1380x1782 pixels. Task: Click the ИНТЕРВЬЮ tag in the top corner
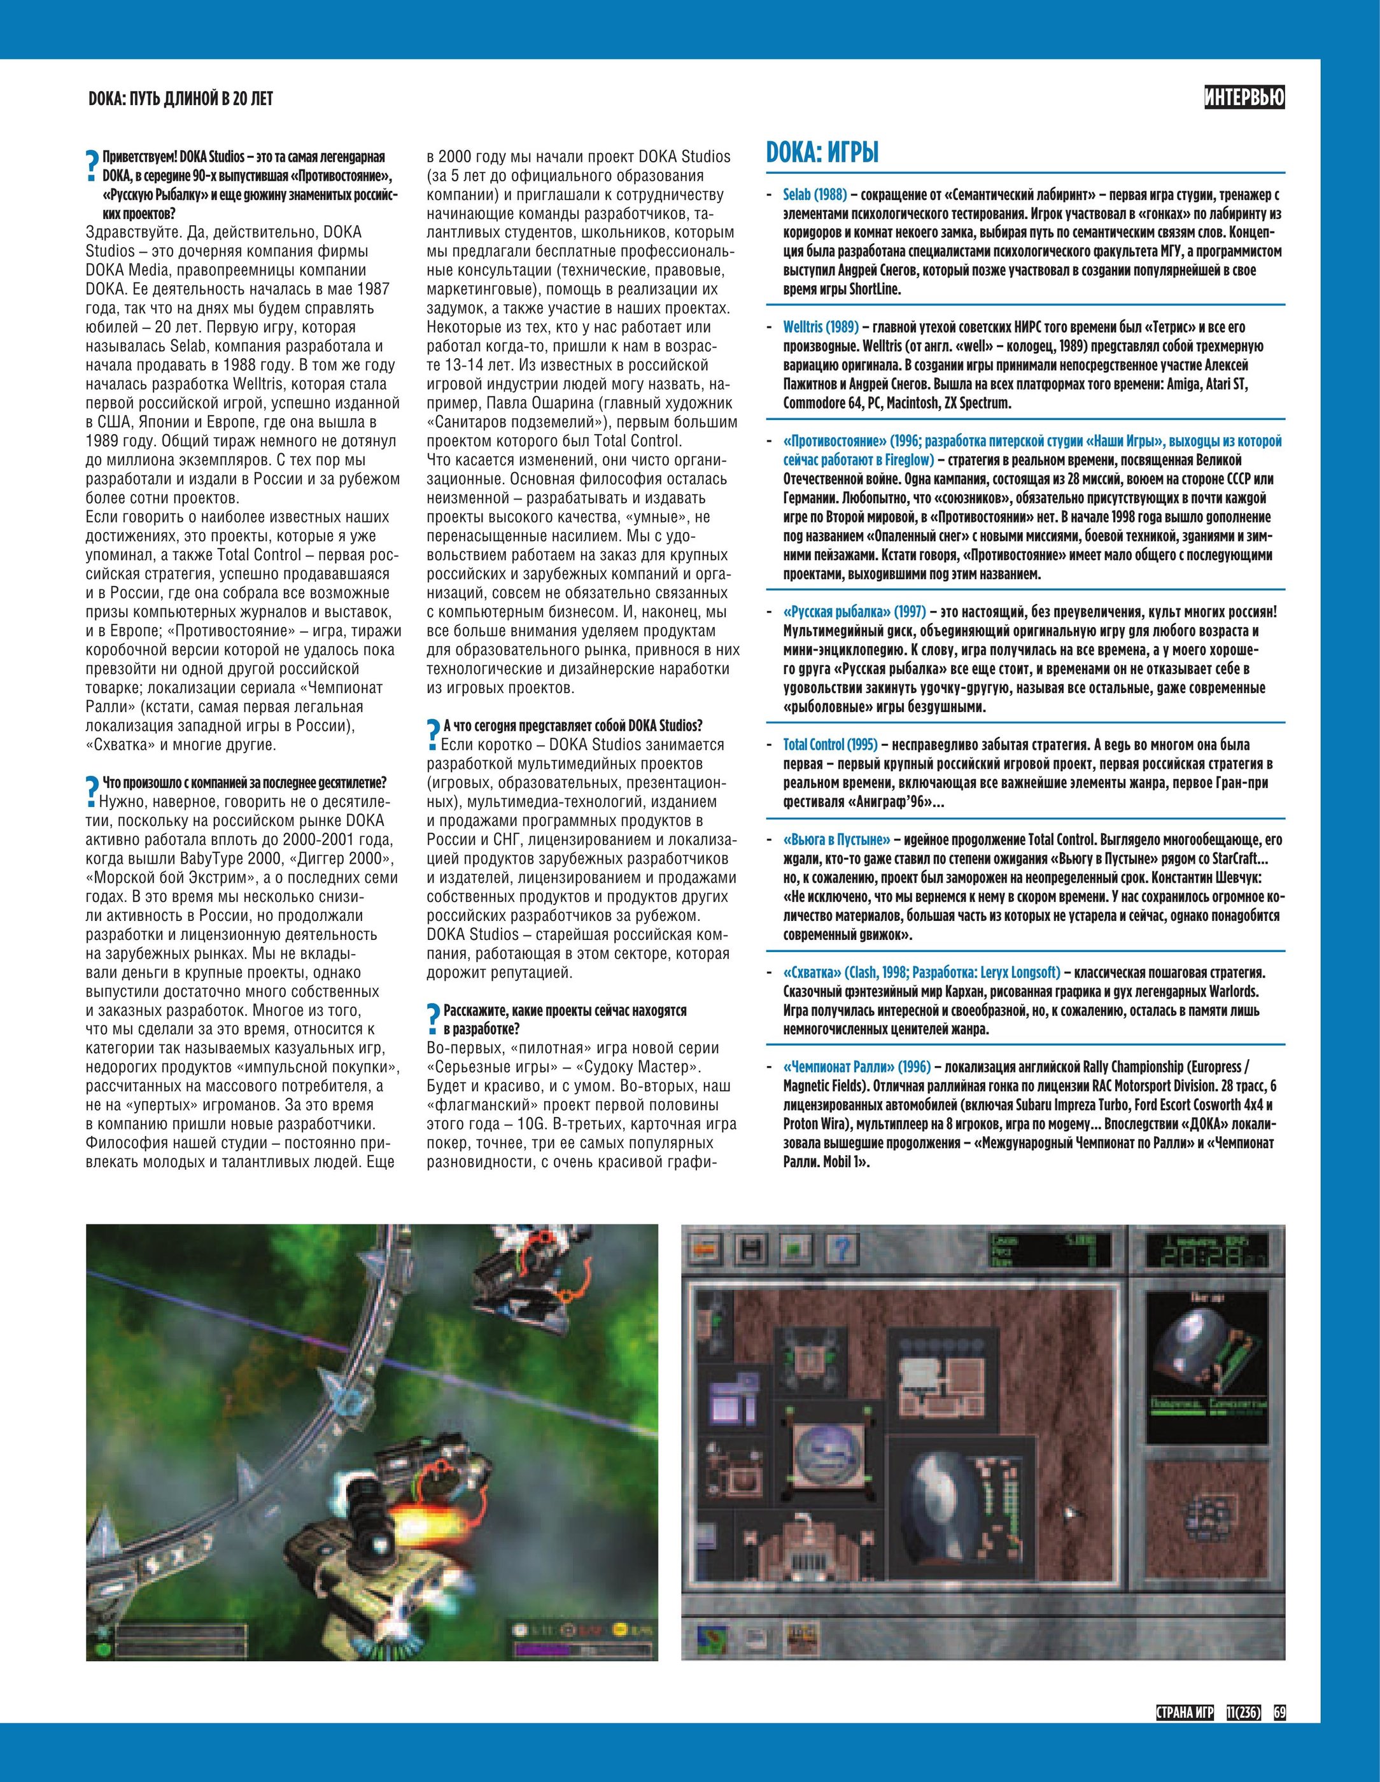1244,98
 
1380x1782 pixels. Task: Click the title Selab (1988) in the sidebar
813,195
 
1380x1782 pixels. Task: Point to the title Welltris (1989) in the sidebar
820,327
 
